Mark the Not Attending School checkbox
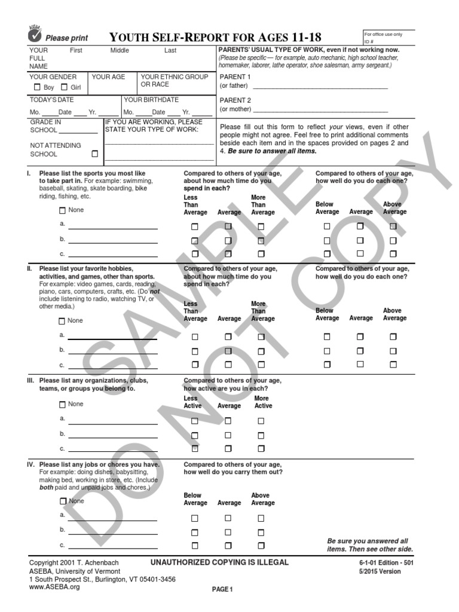[x=94, y=154]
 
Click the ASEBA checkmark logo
[x=35, y=35]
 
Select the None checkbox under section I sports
[x=62, y=210]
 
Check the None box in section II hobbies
[x=62, y=321]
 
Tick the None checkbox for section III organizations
[x=62, y=405]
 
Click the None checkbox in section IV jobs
[x=62, y=501]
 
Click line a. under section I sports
[x=113, y=228]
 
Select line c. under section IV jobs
[x=113, y=546]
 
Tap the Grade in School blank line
[x=78, y=132]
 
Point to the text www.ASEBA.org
[x=54, y=587]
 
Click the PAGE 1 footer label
[x=221, y=590]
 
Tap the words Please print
[x=66, y=38]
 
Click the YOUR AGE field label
[x=108, y=77]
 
